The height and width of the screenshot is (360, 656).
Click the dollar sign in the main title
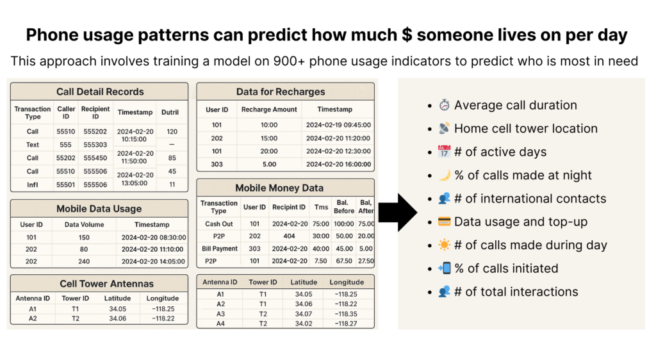pyautogui.click(x=407, y=35)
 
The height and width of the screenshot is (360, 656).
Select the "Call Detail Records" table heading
pyautogui.click(x=100, y=92)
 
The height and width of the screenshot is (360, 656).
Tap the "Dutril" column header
pyautogui.click(x=170, y=112)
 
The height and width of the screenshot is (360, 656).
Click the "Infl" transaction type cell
pyautogui.click(x=33, y=184)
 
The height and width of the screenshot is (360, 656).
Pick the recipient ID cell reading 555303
pyautogui.click(x=95, y=145)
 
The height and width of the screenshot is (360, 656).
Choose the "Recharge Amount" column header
pyautogui.click(x=269, y=110)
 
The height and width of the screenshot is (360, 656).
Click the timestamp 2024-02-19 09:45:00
pyautogui.click(x=338, y=125)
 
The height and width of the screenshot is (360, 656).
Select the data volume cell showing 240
pyautogui.click(x=84, y=261)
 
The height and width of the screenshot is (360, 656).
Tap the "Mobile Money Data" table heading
pyautogui.click(x=279, y=188)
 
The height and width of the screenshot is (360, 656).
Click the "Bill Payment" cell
pyautogui.click(x=220, y=249)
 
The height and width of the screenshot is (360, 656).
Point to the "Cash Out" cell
pyautogui.click(x=219, y=224)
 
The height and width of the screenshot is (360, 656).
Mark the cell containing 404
pyautogui.click(x=289, y=236)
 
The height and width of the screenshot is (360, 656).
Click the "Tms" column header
pyautogui.click(x=322, y=207)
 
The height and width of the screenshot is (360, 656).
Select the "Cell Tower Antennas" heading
pyautogui.click(x=107, y=284)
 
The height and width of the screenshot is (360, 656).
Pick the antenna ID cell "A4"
pyautogui.click(x=220, y=323)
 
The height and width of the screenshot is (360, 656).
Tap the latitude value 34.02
pyautogui.click(x=304, y=323)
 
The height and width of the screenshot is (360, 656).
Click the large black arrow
pyautogui.click(x=397, y=213)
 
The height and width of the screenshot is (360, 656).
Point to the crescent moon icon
pyautogui.click(x=445, y=175)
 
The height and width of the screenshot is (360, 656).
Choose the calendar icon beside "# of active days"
pyautogui.click(x=444, y=151)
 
